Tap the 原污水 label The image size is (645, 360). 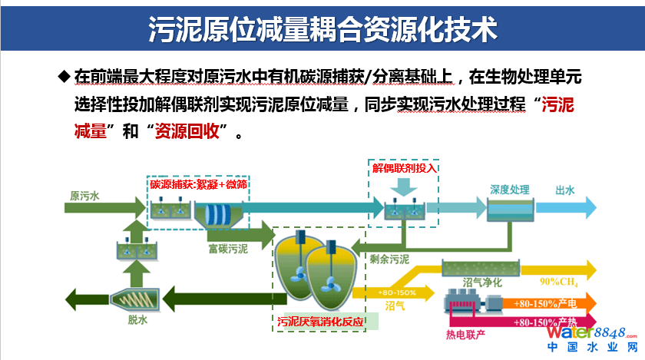84,196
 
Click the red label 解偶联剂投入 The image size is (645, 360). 404,167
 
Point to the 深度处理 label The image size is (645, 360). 510,189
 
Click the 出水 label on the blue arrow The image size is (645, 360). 565,190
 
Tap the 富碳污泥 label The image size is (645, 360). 227,249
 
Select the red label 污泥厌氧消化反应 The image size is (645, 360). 322,321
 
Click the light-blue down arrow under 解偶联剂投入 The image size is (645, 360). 405,187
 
